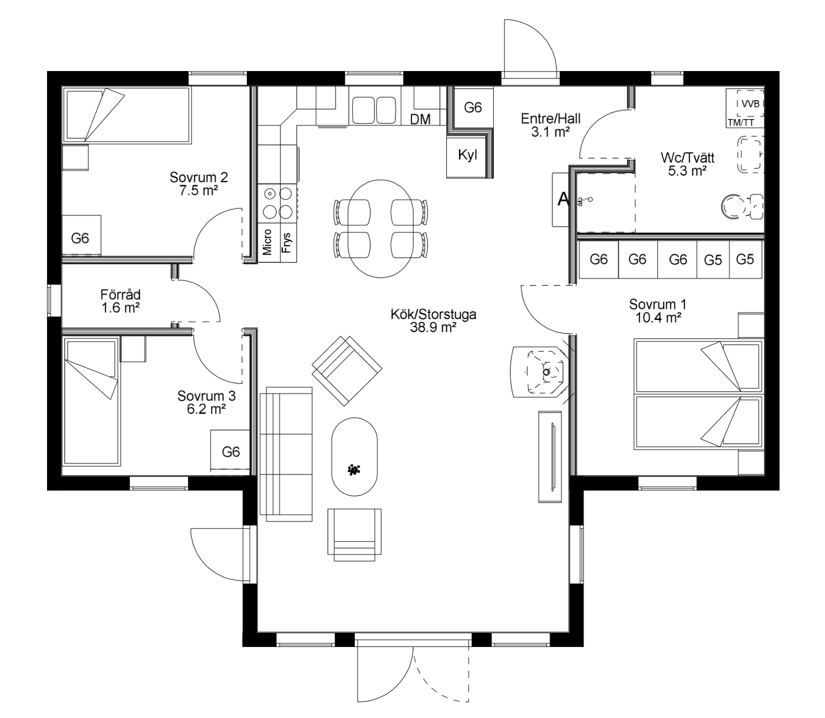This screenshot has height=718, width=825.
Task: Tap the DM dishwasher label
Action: pos(420,119)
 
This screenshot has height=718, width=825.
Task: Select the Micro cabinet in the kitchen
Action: pos(268,243)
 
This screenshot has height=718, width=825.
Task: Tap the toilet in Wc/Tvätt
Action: pos(742,207)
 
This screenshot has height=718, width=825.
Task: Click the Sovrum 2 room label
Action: pos(199,177)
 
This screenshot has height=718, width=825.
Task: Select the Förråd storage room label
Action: pos(120,294)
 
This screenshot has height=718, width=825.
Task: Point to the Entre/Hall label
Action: pos(550,119)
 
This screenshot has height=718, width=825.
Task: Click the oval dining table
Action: pos(380,229)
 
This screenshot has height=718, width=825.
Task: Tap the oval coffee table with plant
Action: pos(354,457)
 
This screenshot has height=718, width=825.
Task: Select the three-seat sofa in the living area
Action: pos(286,454)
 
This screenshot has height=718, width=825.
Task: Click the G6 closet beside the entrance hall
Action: pos(473,107)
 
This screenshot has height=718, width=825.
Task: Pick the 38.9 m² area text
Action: pos(433,327)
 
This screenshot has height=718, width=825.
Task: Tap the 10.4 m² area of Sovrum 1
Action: pos(658,318)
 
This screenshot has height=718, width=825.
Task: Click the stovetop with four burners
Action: pos(277,203)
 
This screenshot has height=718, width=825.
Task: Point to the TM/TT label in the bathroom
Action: pos(741,123)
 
